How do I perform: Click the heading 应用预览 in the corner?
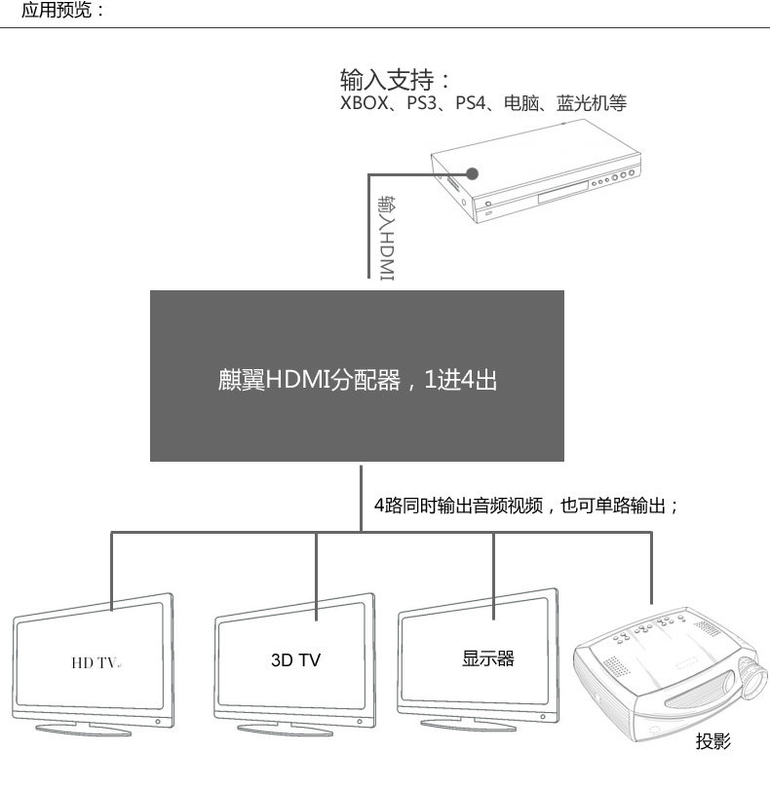coord(61,12)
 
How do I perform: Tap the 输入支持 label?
coord(396,79)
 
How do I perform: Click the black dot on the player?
coord(473,174)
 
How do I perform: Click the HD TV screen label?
coord(95,662)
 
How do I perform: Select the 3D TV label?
coord(295,660)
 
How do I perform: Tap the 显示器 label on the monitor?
coord(487,658)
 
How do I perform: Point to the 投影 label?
coord(712,742)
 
